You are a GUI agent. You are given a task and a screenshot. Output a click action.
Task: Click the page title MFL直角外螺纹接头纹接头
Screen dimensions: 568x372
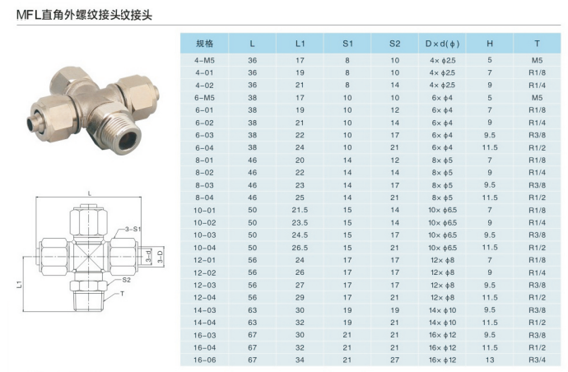point(85,15)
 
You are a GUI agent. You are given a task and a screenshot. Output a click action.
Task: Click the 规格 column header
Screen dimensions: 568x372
point(205,44)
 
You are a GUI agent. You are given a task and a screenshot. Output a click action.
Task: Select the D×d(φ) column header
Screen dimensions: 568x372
point(442,44)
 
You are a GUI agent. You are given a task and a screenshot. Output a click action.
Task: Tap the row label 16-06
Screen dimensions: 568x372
point(204,360)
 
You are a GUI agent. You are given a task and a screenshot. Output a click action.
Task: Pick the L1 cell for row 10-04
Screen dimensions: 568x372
point(300,248)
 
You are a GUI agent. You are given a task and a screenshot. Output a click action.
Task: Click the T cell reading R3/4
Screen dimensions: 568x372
point(537,360)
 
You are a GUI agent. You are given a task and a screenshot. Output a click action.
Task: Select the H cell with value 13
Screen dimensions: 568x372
point(490,360)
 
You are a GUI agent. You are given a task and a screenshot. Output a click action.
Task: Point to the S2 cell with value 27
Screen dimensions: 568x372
point(395,360)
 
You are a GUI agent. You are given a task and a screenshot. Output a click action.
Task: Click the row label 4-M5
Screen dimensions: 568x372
point(204,60)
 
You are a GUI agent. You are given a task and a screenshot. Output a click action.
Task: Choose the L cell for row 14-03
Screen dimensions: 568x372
point(253,310)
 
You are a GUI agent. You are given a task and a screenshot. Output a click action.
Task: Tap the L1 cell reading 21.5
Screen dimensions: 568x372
point(300,210)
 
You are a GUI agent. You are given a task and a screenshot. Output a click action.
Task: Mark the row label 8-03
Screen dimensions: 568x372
point(204,185)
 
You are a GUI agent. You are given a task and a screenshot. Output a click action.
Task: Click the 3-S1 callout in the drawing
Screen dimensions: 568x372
point(133,229)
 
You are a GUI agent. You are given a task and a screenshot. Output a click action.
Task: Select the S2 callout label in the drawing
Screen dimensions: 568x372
point(126,280)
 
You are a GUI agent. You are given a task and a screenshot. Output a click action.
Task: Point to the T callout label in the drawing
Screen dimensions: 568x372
point(122,293)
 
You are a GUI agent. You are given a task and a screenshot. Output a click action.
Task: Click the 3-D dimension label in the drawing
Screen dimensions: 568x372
point(161,256)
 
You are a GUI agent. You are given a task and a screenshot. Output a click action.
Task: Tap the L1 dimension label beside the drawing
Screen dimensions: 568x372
point(20,284)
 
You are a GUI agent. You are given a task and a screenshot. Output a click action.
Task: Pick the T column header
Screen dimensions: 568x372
point(537,44)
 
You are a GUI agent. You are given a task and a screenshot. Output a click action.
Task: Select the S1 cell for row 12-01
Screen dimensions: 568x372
point(347,260)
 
